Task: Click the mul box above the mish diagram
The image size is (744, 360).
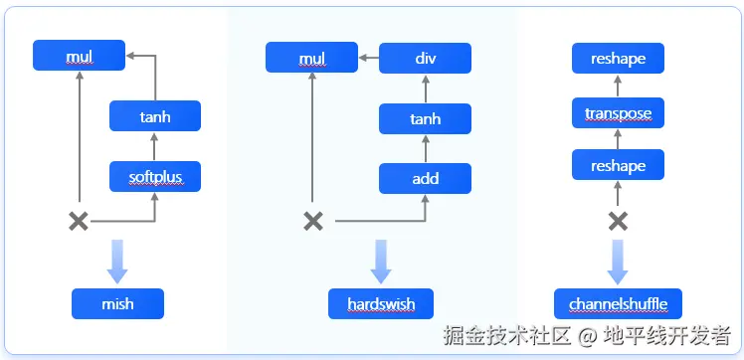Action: tap(79, 56)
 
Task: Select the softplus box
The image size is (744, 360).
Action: tap(155, 177)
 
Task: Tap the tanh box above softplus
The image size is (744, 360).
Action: tap(155, 116)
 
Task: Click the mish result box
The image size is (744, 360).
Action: tap(117, 303)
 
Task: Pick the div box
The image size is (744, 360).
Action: tap(426, 59)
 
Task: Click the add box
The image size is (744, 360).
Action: tap(425, 179)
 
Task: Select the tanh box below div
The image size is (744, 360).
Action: tap(425, 119)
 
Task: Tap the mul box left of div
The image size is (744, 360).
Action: tap(312, 59)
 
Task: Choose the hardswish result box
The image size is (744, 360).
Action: tap(381, 303)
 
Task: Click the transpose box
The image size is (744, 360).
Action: tap(618, 113)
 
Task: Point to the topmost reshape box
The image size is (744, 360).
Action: tap(618, 59)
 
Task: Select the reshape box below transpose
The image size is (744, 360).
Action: tap(618, 165)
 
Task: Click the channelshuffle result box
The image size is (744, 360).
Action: tap(618, 303)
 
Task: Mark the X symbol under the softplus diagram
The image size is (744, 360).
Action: tap(78, 221)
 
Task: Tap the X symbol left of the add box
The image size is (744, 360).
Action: tap(313, 221)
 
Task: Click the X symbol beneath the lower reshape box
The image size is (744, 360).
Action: tap(618, 221)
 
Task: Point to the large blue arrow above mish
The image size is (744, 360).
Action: tap(117, 260)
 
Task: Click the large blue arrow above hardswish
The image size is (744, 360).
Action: tap(381, 260)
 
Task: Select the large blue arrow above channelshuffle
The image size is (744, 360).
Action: tap(618, 260)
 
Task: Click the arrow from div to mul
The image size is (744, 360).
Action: tap(368, 59)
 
